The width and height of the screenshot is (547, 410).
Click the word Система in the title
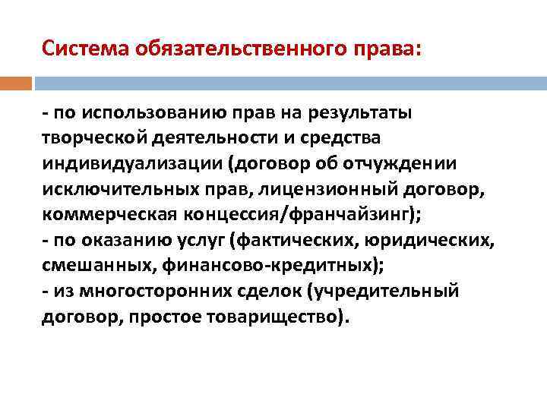click(85, 50)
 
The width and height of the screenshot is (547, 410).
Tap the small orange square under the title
click(16, 82)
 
